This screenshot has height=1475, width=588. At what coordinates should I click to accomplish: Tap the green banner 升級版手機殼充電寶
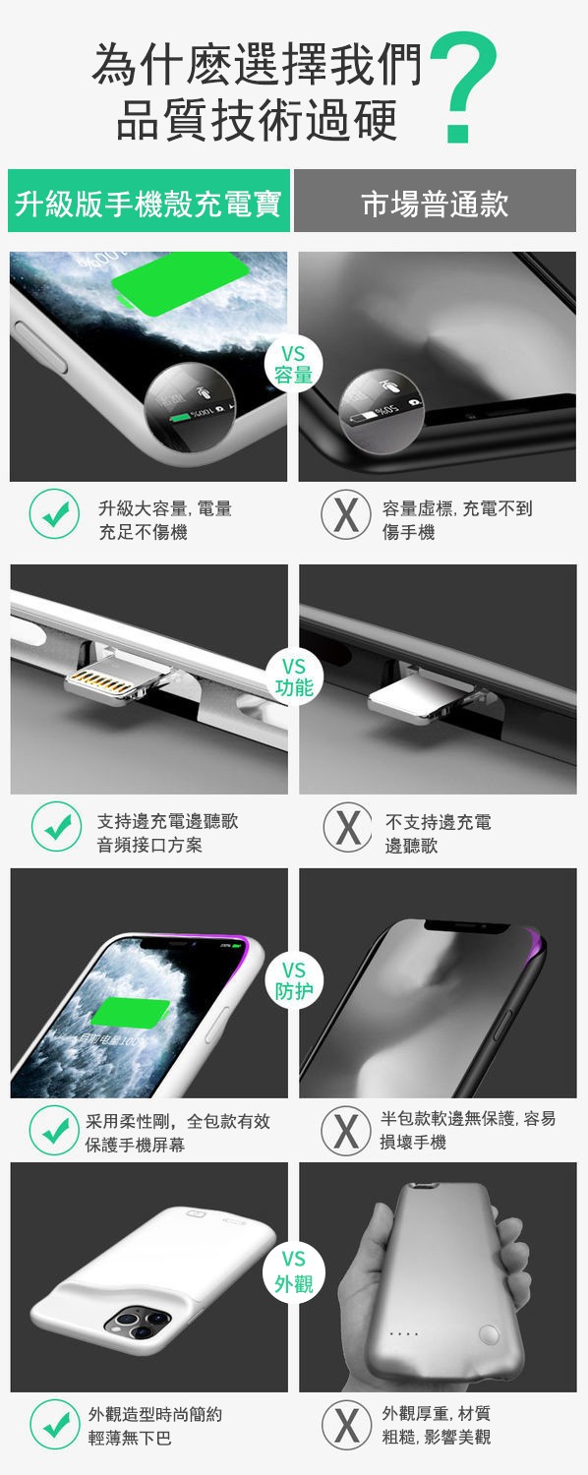[148, 201]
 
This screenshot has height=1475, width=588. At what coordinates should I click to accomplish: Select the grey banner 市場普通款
[435, 201]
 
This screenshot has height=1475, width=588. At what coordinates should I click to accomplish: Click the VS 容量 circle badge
[294, 364]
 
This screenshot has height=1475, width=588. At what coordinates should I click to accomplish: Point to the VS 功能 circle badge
[294, 677]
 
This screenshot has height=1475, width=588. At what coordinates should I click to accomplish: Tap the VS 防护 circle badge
[294, 980]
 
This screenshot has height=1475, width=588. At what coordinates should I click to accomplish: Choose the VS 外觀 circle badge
[294, 1271]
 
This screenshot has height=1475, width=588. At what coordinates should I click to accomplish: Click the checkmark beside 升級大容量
[55, 513]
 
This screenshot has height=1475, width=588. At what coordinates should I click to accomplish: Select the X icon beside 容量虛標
[346, 513]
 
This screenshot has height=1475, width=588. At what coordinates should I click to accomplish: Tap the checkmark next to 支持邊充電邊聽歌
[57, 826]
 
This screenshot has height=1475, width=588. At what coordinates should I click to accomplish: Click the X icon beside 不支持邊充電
[348, 826]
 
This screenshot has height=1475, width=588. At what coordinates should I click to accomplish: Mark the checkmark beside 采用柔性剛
[55, 1130]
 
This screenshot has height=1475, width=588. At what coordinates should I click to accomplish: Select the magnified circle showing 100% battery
[190, 412]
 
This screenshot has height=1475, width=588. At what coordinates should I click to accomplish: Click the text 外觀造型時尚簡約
[155, 1414]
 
